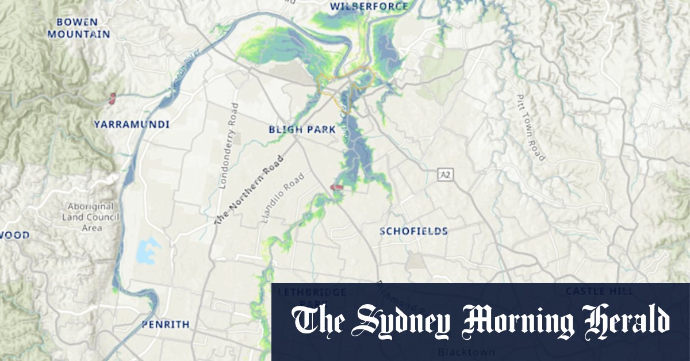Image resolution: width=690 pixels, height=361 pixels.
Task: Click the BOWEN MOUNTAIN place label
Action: click(x=79, y=28)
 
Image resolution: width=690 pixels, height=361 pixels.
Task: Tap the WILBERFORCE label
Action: click(x=369, y=7)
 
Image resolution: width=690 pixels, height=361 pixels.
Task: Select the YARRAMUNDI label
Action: click(x=132, y=124)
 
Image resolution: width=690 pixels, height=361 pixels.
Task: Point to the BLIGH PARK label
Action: click(x=302, y=130)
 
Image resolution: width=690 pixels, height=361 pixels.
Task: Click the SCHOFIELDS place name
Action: click(x=413, y=231)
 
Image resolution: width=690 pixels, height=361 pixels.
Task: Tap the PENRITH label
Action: click(x=165, y=325)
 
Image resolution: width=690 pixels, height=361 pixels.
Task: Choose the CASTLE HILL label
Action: click(x=600, y=291)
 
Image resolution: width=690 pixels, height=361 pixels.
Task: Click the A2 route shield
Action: click(x=444, y=174)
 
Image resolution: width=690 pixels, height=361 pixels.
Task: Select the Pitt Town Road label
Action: click(x=530, y=127)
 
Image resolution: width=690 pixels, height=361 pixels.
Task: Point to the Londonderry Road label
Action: click(x=227, y=145)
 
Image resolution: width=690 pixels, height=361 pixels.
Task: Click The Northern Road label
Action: click(x=249, y=190)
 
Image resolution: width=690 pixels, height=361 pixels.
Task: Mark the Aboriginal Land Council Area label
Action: click(x=91, y=217)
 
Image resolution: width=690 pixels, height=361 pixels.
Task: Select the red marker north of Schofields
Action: click(x=338, y=187)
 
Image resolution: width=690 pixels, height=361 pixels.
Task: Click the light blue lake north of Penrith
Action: click(x=148, y=251)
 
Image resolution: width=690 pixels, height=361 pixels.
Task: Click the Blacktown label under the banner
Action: click(x=458, y=350)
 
